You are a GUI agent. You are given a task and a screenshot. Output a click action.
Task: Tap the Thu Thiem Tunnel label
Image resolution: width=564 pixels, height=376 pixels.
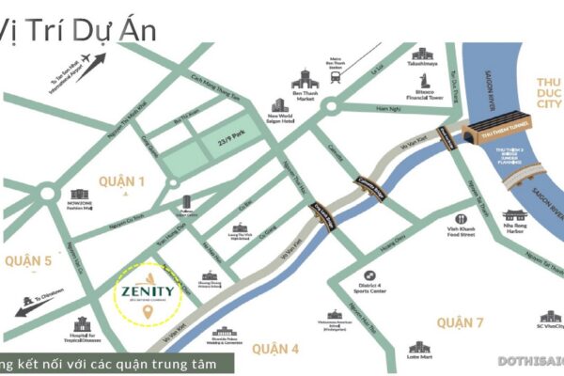pyautogui.click(x=485, y=133)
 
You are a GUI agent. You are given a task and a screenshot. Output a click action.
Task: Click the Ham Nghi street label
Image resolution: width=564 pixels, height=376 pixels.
pyautogui.click(x=387, y=110)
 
